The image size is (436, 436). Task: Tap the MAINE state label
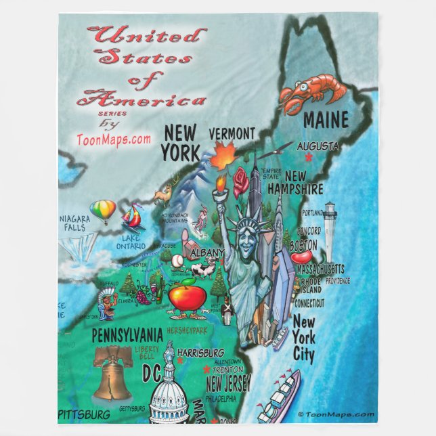[x=326, y=121]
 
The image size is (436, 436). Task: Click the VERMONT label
[x=232, y=133]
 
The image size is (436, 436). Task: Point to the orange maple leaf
[x=222, y=158]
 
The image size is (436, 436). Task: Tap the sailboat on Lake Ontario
[x=131, y=219]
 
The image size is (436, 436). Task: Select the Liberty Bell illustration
[x=113, y=372]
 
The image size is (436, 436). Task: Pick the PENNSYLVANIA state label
[x=127, y=335]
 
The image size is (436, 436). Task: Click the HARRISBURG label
[x=200, y=353]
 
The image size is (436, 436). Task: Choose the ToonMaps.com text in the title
[x=113, y=139]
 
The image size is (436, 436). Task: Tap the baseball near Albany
[x=177, y=261]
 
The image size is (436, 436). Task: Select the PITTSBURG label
[x=85, y=414]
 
